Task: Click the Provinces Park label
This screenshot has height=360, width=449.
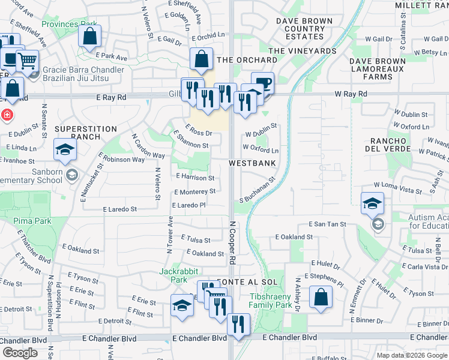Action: coord(69,25)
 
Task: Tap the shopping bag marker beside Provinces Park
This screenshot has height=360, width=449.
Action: coord(89,36)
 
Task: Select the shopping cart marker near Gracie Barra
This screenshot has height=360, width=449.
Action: coord(26,61)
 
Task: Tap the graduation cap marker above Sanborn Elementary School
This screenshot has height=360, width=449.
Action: coord(65,150)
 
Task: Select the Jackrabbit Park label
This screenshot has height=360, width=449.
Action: coord(178,275)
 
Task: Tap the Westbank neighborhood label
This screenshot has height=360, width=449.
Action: coord(252,163)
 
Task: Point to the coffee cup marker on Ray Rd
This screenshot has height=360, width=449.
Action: coord(262,83)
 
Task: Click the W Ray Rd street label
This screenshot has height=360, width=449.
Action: coord(351,94)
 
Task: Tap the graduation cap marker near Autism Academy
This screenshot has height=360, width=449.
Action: coord(372,203)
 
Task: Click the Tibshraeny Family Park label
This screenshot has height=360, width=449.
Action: coord(270,301)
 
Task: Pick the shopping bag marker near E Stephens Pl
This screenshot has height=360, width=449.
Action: coord(321,297)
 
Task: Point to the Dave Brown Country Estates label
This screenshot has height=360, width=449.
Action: coord(304,29)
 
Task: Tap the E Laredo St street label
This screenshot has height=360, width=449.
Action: coord(120,209)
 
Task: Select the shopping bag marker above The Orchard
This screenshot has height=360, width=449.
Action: coord(202,59)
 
